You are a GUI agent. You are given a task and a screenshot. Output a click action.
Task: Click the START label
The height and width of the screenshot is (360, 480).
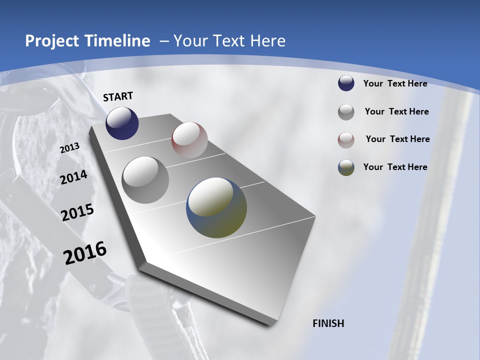pos(118,96)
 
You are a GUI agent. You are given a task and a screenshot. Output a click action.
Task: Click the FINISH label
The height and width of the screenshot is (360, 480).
pos(328,323)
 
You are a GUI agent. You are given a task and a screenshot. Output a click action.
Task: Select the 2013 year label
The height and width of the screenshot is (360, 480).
pos(70,148)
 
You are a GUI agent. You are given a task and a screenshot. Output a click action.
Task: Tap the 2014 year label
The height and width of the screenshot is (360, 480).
pos(74,177)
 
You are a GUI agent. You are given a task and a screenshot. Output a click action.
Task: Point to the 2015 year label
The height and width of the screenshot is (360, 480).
pos(77,212)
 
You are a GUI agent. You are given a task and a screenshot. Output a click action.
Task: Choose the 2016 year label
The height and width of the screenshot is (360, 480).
pos(85,253)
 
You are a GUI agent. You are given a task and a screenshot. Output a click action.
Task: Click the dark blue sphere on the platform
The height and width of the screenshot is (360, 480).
pos(122,123)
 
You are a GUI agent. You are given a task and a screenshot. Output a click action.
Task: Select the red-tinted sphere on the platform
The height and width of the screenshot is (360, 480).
pos(189,140)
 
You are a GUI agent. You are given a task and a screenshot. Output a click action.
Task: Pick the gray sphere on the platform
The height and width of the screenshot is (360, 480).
pos(145,180)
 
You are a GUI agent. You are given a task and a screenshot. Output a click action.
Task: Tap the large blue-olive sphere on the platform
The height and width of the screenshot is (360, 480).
pos(216,207)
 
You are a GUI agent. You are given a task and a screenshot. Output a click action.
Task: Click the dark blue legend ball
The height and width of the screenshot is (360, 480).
pos(346,83)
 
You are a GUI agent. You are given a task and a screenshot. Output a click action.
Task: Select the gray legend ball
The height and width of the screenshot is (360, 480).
pos(346,112)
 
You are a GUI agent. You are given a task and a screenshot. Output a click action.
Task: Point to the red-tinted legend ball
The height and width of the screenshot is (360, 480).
pos(346,139)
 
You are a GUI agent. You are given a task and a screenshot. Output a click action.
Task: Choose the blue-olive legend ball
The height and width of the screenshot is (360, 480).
pos(346,167)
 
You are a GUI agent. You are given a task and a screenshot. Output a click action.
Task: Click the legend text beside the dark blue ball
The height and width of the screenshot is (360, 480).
pos(395,83)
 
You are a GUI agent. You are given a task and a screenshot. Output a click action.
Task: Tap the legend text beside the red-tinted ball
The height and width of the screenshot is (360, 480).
pos(397,139)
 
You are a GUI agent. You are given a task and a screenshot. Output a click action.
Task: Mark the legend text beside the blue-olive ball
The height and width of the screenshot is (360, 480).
pos(395,167)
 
